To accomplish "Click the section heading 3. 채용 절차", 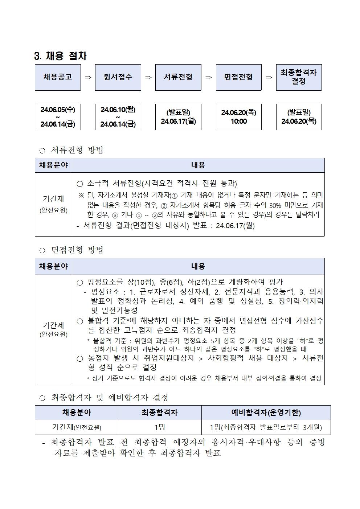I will (x=60, y=56).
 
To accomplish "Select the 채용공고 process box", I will (x=58, y=77).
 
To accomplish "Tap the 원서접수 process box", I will (x=118, y=77).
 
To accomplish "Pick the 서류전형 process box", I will (x=178, y=77).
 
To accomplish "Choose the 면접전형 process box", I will (x=238, y=77).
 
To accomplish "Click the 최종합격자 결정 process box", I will (x=299, y=77).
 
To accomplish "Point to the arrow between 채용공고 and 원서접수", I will (x=88, y=77).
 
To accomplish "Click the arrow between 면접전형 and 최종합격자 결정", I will (x=269, y=77).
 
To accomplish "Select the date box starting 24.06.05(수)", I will (x=58, y=117).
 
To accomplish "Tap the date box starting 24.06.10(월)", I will (x=118, y=117).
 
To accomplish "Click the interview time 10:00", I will (x=238, y=122).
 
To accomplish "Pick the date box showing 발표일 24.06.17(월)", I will (x=178, y=117).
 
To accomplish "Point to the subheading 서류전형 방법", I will (x=77, y=150).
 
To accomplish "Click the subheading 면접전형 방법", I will (x=77, y=250).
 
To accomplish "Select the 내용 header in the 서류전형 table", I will (x=198, y=165).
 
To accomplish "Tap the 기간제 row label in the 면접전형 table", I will (x=53, y=329).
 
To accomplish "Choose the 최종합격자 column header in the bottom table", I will (x=160, y=412).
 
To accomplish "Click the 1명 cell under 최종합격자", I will (x=160, y=427).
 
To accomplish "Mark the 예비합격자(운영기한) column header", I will (x=266, y=412).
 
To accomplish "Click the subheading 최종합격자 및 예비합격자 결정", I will (x=109, y=398).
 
